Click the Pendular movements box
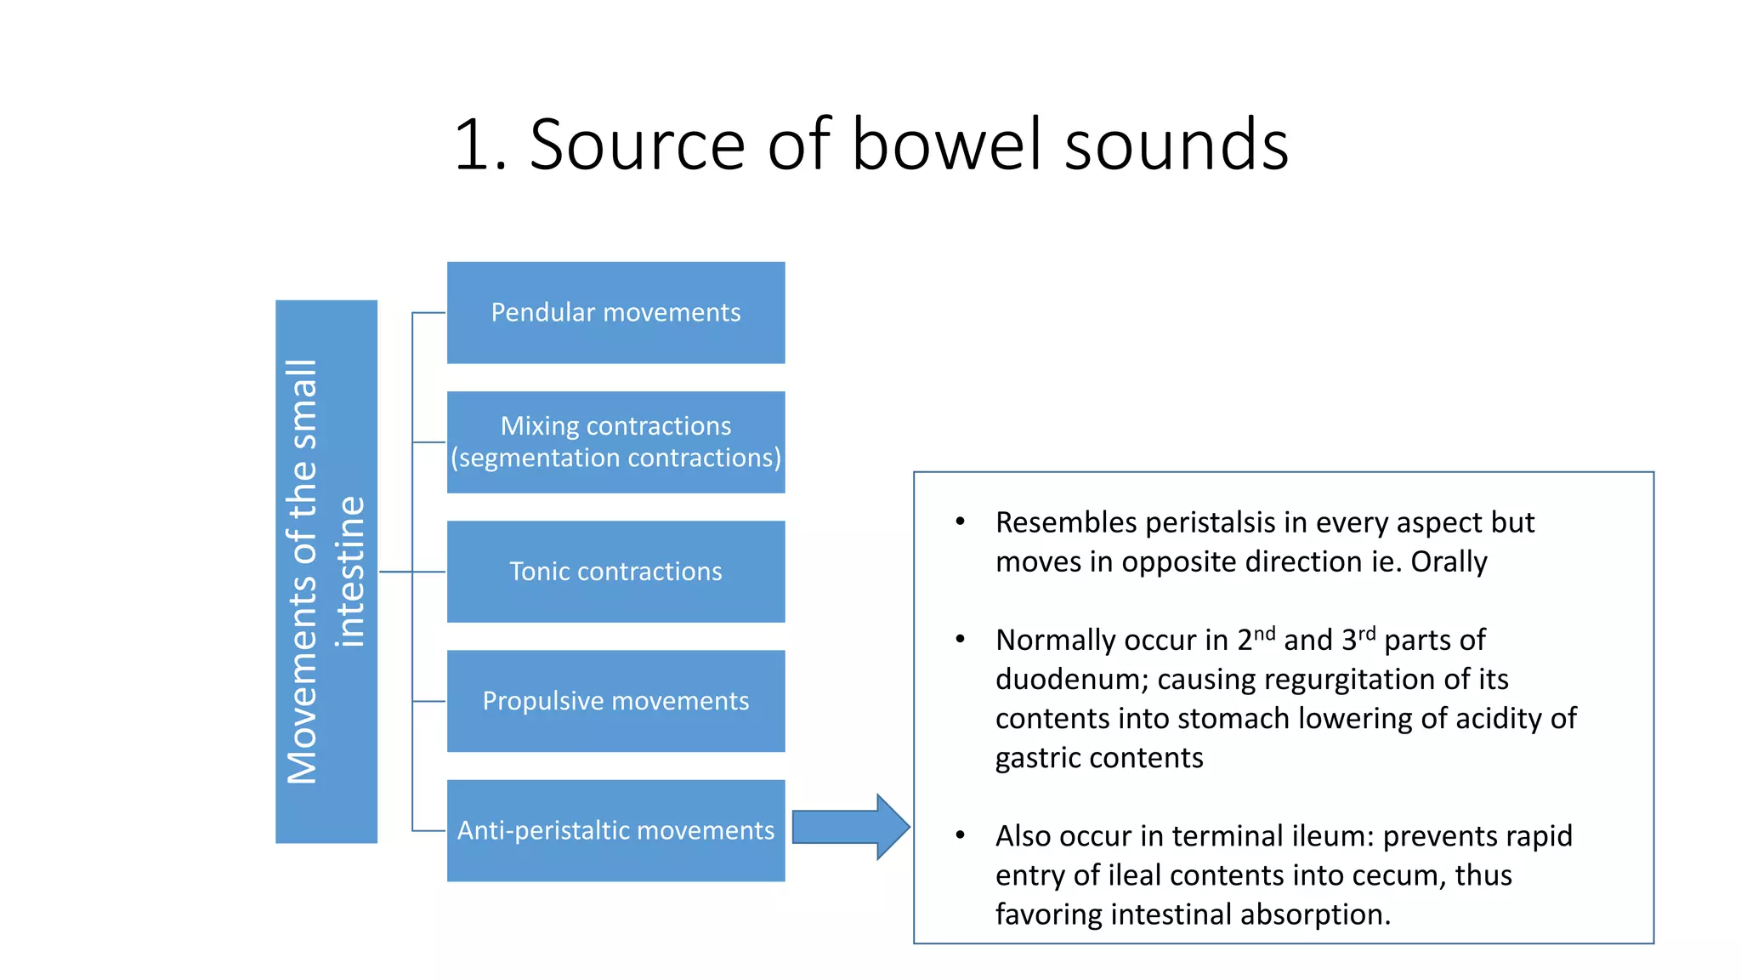(615, 313)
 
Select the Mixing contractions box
(615, 442)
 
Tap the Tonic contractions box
(615, 572)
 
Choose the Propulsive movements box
(615, 701)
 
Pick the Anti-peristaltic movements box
(615, 830)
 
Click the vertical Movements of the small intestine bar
(326, 572)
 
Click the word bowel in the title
(945, 145)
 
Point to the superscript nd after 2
(1265, 634)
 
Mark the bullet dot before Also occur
(960, 835)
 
